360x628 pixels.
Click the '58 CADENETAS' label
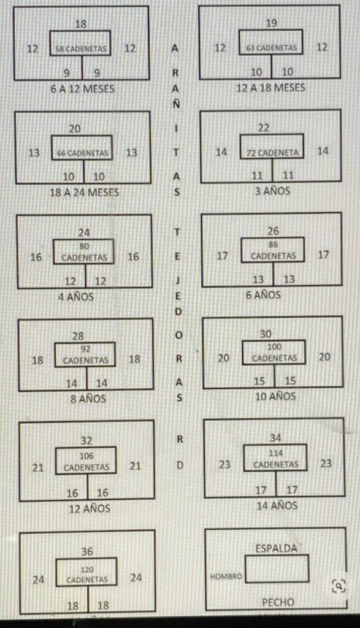(x=81, y=49)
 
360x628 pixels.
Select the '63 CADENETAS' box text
(x=272, y=48)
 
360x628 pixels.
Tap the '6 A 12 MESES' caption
(x=83, y=89)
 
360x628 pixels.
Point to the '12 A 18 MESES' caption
(x=270, y=88)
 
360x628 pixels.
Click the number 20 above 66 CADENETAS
(x=75, y=129)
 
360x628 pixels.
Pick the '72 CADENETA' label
(x=272, y=153)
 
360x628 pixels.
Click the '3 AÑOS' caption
(x=273, y=191)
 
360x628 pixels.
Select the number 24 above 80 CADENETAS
(x=84, y=232)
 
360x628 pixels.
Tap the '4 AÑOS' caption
(x=76, y=297)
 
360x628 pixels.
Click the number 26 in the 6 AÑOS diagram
(x=273, y=231)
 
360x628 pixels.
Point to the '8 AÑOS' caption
(x=88, y=399)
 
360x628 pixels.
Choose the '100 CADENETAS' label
(x=274, y=353)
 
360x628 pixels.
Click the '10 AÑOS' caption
(x=275, y=397)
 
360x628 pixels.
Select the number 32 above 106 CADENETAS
(x=86, y=440)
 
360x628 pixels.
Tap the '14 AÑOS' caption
(x=277, y=505)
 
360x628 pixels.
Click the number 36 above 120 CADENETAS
(x=87, y=551)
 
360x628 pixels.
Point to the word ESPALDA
(x=277, y=548)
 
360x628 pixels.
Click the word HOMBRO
(x=226, y=576)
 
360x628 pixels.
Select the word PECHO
(x=278, y=602)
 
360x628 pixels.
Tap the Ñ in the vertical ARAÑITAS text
(x=176, y=104)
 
